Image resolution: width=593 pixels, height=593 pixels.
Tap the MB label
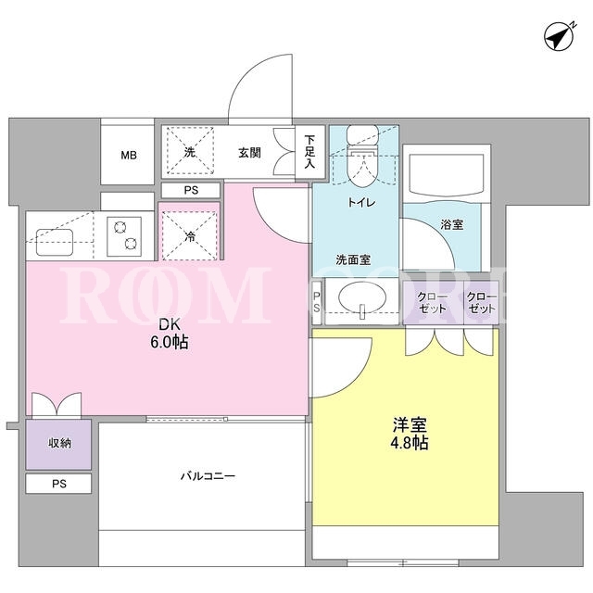tap(129, 155)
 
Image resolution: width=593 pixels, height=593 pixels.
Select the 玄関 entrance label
tap(249, 152)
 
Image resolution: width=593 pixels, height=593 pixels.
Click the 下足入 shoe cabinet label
tap(310, 152)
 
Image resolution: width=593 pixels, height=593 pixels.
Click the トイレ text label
tap(361, 203)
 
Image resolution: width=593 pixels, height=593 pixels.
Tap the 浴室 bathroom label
tap(451, 224)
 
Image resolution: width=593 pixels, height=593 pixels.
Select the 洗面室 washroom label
tap(353, 259)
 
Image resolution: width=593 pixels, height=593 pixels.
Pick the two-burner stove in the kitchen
tap(124, 236)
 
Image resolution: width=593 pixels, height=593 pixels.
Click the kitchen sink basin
tap(55, 242)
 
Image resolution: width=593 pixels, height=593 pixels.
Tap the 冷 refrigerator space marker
tap(190, 237)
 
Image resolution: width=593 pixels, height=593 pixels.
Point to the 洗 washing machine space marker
tap(189, 152)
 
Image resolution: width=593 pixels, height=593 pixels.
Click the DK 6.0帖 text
tap(169, 334)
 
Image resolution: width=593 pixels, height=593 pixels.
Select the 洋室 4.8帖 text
tap(410, 434)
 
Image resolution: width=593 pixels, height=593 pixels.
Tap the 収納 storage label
tap(59, 443)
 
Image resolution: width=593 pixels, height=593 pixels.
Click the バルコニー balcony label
tap(208, 475)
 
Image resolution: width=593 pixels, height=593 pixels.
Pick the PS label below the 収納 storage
tap(59, 484)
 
